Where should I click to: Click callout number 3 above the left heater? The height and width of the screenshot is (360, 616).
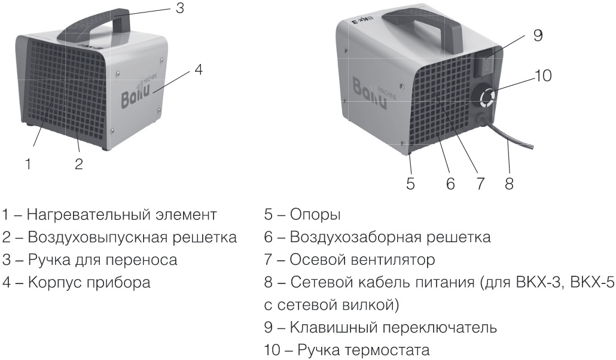click(x=180, y=8)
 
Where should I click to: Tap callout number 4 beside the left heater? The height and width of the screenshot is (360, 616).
click(x=199, y=69)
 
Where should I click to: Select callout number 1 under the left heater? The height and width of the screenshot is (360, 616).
click(x=28, y=164)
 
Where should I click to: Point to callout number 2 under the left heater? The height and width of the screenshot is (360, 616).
click(x=78, y=164)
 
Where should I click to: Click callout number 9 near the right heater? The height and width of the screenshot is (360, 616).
click(x=538, y=35)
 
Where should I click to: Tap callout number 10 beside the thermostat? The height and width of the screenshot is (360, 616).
click(x=543, y=75)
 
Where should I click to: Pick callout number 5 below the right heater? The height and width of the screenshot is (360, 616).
click(x=410, y=184)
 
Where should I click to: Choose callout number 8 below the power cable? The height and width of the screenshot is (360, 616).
click(x=509, y=184)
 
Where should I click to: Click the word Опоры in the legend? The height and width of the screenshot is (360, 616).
click(x=315, y=215)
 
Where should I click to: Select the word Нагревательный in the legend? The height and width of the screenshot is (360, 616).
click(x=87, y=215)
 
